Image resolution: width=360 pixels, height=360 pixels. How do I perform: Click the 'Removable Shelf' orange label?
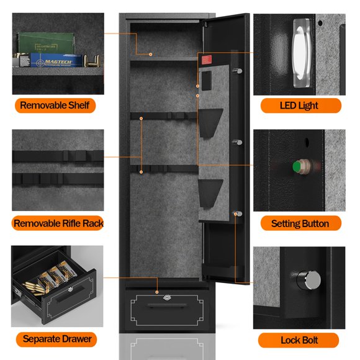(x=55, y=105)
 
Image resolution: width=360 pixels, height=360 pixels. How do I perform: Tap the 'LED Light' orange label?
(x=300, y=106)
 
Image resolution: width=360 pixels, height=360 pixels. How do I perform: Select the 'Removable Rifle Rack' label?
(x=58, y=223)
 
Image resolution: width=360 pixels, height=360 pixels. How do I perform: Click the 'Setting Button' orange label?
(x=300, y=223)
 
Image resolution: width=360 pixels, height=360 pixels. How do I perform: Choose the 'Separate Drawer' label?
(x=57, y=339)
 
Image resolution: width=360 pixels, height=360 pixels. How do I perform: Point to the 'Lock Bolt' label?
(x=299, y=340)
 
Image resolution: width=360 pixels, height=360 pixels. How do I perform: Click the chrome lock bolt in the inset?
(x=304, y=280)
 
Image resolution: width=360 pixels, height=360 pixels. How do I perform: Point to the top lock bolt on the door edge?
(x=236, y=71)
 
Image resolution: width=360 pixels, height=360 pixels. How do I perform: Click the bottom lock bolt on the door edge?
(x=236, y=214)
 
